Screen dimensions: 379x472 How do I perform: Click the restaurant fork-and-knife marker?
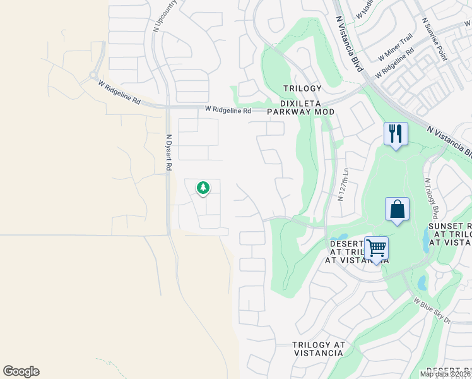[x=396, y=134]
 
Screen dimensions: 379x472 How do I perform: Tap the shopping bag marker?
[x=397, y=210]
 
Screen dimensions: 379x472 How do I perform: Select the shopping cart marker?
[x=376, y=248]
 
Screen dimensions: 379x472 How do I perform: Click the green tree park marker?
[x=203, y=188]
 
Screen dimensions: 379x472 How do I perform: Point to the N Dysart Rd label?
[x=168, y=153]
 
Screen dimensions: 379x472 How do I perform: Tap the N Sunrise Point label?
[x=435, y=40]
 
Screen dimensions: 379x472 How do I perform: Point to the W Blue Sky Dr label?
[x=432, y=311]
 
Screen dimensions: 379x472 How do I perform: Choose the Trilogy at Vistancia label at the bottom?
[x=319, y=349]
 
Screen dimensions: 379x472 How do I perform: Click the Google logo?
[x=21, y=371]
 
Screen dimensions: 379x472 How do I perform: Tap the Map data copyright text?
[x=445, y=374]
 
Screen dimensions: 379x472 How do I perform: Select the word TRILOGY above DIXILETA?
[x=302, y=88]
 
